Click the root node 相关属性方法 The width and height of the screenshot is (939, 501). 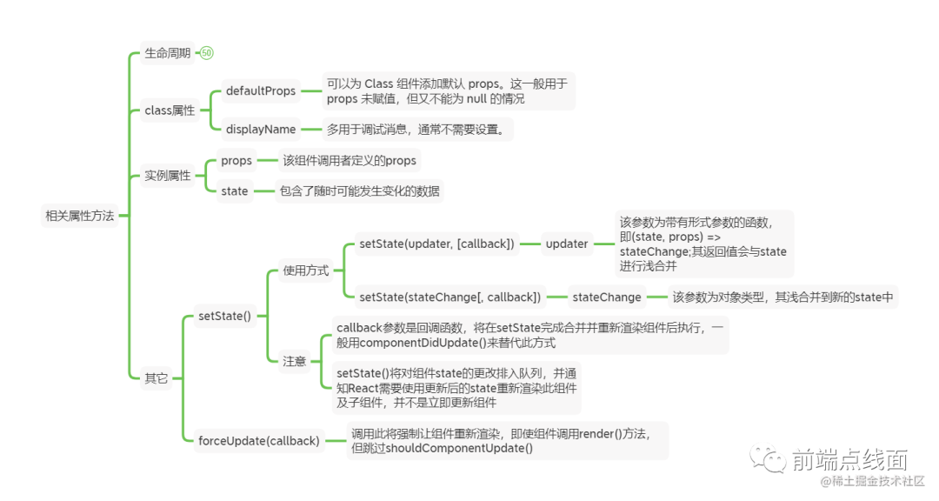[x=79, y=217]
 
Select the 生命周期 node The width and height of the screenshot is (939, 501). [x=167, y=53]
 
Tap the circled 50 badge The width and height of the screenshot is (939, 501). [x=206, y=53]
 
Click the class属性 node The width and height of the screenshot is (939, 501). [x=170, y=110]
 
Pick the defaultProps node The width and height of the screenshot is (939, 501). [x=260, y=90]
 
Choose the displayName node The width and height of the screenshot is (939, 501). [x=260, y=130]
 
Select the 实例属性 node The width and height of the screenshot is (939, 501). [x=167, y=176]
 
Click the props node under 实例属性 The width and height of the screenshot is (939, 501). [x=236, y=160]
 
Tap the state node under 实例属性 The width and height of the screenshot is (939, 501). [x=234, y=190]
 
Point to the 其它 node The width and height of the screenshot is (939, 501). [x=156, y=378]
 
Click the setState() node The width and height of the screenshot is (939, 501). [x=224, y=316]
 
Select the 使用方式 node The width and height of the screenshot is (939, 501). [x=305, y=271]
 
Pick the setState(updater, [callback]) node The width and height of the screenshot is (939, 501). [x=436, y=244]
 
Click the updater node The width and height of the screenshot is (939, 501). [x=567, y=244]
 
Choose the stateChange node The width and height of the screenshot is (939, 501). [x=607, y=297]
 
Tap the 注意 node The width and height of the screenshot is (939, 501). [x=294, y=361]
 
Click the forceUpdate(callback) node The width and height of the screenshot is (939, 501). [x=258, y=440]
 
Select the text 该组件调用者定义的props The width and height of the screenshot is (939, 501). [x=350, y=160]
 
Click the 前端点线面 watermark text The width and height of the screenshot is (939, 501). [x=849, y=459]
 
